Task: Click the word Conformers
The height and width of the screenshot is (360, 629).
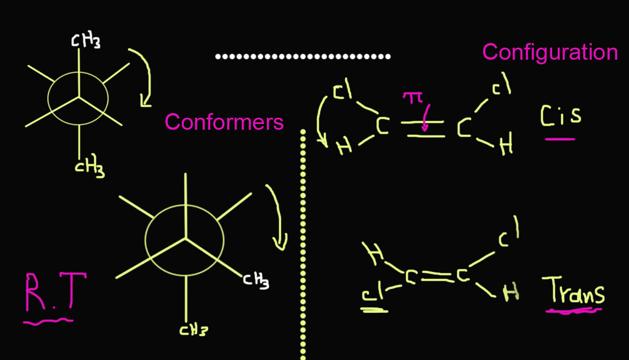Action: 224,122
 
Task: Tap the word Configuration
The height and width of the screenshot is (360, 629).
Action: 550,52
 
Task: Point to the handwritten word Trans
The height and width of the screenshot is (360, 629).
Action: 574,291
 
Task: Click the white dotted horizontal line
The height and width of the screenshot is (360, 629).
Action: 303,56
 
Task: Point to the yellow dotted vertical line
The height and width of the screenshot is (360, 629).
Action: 302,247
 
